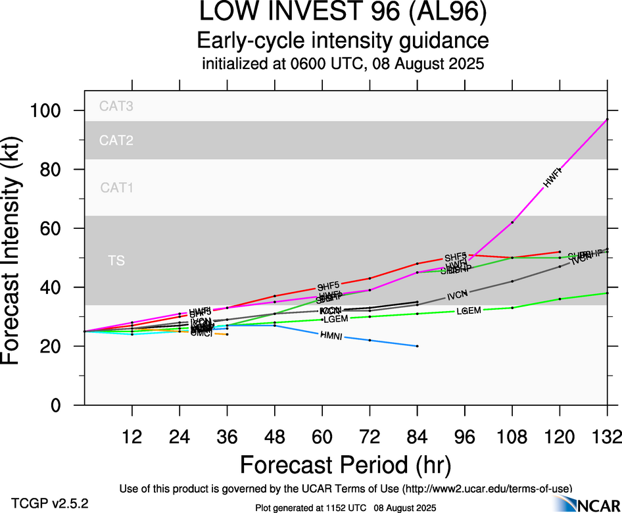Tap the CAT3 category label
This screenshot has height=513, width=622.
click(116, 106)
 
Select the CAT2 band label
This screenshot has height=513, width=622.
click(116, 140)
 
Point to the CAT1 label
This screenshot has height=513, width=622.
click(116, 188)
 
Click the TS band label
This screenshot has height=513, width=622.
click(116, 261)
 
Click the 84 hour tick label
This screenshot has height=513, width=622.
click(417, 436)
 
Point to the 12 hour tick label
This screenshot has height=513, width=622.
click(132, 436)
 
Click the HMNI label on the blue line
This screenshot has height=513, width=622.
click(331, 336)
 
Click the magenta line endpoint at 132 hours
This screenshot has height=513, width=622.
click(607, 120)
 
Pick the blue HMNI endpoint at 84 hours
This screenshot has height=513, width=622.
click(417, 346)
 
